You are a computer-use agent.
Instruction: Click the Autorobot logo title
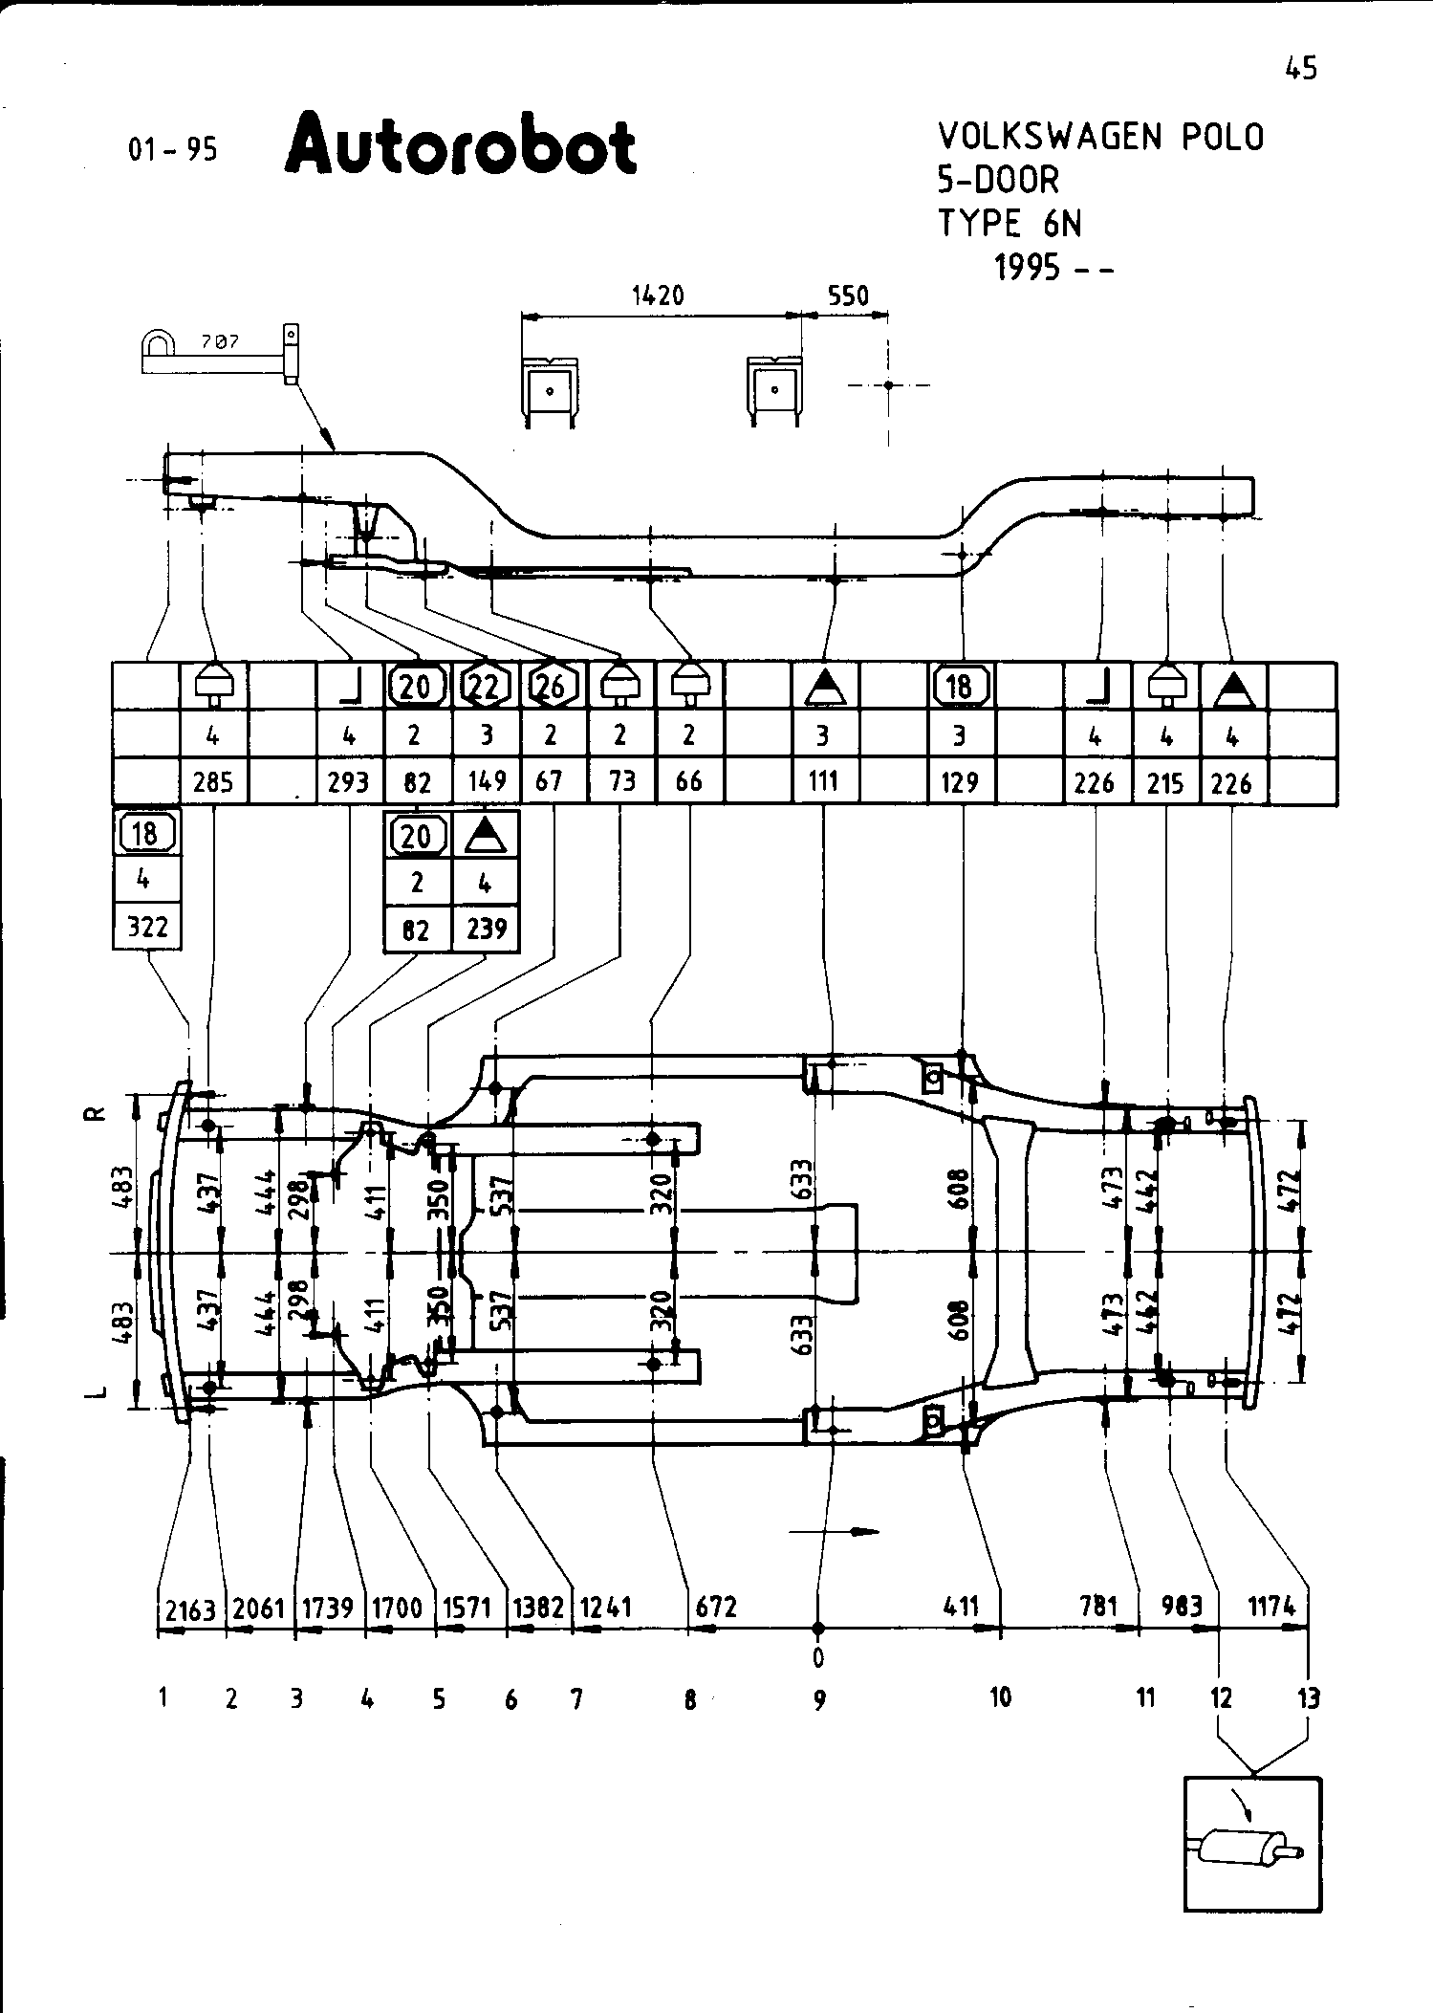coord(461,146)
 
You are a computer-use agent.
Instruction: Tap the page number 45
coord(1301,69)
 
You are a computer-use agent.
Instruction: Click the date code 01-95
coord(173,150)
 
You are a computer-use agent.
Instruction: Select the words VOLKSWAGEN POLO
coord(1100,138)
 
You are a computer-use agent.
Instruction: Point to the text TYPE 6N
coord(1010,224)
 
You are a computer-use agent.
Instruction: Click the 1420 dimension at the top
coord(659,296)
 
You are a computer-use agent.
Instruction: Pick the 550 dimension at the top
coord(848,296)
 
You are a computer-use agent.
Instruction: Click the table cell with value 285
coord(213,783)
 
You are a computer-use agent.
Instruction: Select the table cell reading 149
coord(487,783)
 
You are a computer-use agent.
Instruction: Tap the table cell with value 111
coord(823,782)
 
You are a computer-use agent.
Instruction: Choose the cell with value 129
coord(959,783)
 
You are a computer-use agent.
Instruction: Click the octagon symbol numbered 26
coord(552,686)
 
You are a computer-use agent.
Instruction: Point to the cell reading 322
coord(146,928)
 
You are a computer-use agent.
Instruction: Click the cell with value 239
coord(486,929)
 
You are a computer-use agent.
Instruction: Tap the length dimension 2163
coord(191,1610)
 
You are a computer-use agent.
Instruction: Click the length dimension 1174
coord(1270,1607)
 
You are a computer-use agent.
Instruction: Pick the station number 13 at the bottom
coord(1308,1698)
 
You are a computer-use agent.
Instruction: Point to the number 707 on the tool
coord(220,342)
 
